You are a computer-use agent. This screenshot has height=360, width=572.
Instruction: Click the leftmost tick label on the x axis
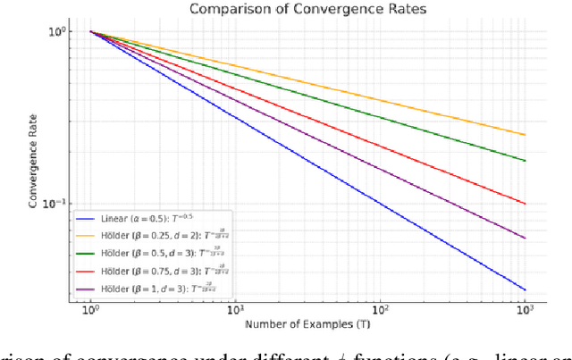click(90, 307)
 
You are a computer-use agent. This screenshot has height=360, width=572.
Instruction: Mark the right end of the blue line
click(525, 289)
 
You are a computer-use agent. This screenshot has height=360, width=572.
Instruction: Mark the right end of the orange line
click(525, 135)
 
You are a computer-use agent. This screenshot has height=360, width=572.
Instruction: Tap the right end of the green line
click(525, 161)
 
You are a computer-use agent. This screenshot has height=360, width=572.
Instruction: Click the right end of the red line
click(525, 204)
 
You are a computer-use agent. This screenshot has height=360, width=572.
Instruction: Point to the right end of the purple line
click(525, 239)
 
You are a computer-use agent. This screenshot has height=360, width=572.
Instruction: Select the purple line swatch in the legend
click(87, 288)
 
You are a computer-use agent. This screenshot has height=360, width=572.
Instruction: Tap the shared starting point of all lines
click(90, 32)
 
